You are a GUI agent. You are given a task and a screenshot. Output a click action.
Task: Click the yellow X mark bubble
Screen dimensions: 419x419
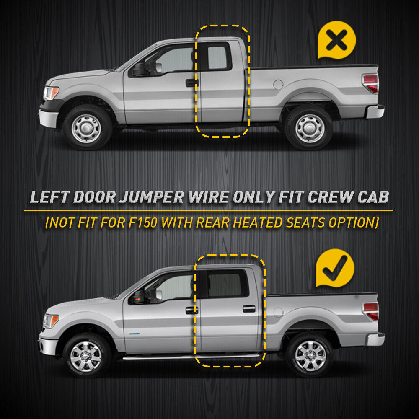point(336,40)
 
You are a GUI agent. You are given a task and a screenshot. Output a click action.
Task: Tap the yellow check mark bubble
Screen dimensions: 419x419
point(335,268)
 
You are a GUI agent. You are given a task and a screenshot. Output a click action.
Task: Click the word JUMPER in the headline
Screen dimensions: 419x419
point(152,197)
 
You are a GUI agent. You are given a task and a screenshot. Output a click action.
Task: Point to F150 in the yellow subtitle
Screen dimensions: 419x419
point(142,222)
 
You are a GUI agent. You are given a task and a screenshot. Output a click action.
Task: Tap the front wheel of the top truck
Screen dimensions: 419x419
point(86,128)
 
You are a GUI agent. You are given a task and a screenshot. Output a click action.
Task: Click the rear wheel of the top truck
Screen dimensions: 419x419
point(309,128)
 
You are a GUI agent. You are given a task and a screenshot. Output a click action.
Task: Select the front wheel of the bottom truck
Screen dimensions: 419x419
point(86,356)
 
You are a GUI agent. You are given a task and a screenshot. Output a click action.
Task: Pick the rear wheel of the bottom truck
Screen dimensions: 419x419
point(310,356)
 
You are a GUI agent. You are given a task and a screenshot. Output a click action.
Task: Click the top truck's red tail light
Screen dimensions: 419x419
point(371,83)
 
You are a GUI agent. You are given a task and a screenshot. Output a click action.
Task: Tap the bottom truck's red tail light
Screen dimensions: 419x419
point(371,311)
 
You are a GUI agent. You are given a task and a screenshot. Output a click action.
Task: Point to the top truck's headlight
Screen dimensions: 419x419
point(51,93)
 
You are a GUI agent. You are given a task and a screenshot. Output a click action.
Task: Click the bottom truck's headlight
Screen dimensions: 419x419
point(51,321)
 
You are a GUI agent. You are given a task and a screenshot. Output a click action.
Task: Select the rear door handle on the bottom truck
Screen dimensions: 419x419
point(249,309)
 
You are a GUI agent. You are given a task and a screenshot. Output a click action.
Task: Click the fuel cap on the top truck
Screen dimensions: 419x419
point(278,85)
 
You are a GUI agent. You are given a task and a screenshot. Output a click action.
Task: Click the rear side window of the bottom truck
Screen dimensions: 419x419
point(228,284)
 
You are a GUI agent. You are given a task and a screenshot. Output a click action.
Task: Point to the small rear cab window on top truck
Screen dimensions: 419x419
point(217,57)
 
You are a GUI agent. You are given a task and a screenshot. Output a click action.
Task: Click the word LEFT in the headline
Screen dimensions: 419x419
point(50,197)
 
